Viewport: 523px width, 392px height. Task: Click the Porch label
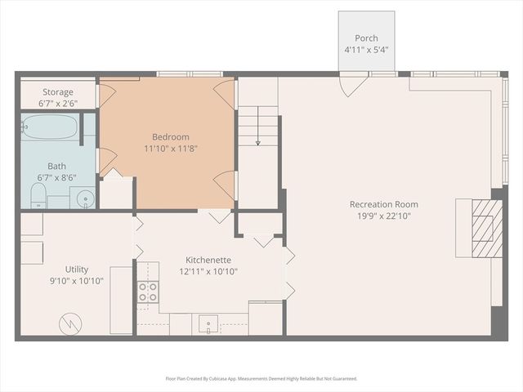tap(366, 38)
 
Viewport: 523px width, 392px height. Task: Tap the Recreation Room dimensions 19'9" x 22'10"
tap(383, 216)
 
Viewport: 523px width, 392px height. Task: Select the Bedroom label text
tap(171, 137)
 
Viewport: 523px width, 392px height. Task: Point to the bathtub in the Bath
tap(50, 127)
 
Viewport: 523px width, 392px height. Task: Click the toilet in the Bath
tap(38, 196)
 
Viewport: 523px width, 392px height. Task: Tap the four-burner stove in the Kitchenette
tap(148, 292)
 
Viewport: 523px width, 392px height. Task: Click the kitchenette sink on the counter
tap(208, 323)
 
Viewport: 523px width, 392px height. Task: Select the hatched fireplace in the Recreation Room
tap(487, 229)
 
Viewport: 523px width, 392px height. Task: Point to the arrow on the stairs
tap(258, 126)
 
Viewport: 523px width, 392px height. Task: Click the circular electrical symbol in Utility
tap(71, 323)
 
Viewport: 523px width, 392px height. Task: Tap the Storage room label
tap(58, 92)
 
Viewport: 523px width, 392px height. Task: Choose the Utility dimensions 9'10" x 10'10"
tap(77, 281)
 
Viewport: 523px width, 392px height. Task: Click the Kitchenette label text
tap(208, 260)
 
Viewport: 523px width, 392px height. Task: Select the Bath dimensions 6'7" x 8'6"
tap(56, 178)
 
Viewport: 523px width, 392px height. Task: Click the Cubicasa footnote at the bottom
tap(261, 379)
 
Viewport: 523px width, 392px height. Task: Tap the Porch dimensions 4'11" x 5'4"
tap(366, 50)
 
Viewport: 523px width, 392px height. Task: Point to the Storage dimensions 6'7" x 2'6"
tap(58, 104)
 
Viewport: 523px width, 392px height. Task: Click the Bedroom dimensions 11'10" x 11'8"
tap(171, 149)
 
